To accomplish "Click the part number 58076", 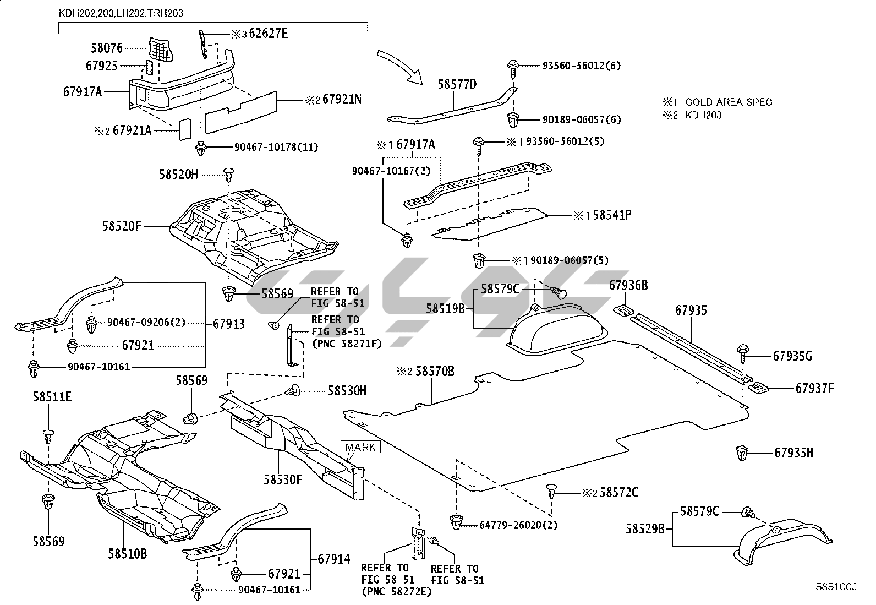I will click(x=107, y=48).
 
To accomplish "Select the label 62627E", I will click(x=268, y=34).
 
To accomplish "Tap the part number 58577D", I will click(x=457, y=84).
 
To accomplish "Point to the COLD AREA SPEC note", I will click(x=729, y=102).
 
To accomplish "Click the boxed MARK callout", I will click(x=360, y=447).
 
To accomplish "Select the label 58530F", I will click(x=283, y=479).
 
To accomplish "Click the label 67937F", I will click(x=814, y=389).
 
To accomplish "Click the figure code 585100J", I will click(x=836, y=587).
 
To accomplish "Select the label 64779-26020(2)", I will click(x=518, y=525).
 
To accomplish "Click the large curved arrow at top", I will click(x=400, y=66).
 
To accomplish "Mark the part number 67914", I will click(x=333, y=559).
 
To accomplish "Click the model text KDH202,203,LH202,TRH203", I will click(x=121, y=12).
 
